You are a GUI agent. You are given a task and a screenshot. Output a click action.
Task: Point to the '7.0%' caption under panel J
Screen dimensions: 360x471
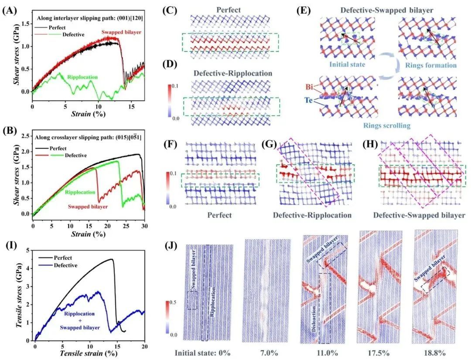268,352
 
